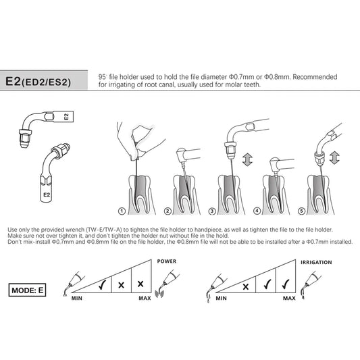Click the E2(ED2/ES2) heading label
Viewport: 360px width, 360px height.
(x=38, y=82)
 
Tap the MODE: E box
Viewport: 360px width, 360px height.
(x=27, y=290)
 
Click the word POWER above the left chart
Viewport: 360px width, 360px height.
(x=167, y=261)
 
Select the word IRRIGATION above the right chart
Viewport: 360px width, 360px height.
(x=316, y=263)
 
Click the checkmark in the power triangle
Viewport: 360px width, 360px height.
(x=102, y=285)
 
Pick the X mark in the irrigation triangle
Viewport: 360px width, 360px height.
(x=246, y=286)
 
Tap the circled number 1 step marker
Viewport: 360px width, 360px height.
(x=122, y=211)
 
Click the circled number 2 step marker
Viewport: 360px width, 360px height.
(x=168, y=211)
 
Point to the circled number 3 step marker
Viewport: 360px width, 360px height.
(x=212, y=211)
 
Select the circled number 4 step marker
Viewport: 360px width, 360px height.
(x=257, y=211)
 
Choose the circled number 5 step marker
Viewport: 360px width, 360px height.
(x=301, y=211)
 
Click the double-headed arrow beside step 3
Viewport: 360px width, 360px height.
(x=247, y=160)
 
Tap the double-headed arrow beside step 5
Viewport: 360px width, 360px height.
(x=334, y=158)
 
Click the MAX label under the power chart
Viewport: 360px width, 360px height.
(x=145, y=299)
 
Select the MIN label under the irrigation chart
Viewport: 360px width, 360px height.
(x=221, y=299)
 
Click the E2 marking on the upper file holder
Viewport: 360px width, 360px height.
(x=66, y=117)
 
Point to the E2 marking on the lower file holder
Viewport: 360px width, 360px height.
(x=47, y=195)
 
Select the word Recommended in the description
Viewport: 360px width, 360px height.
(x=315, y=77)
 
